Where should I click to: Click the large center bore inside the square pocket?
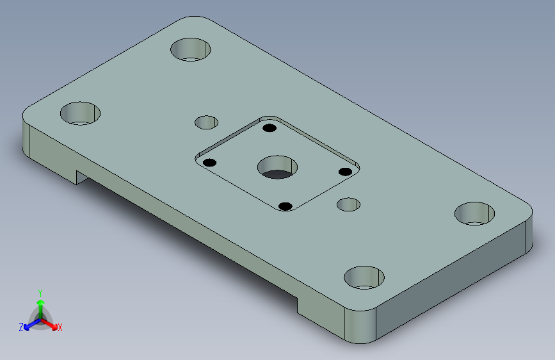click(277, 167)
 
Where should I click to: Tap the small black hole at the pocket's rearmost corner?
click(269, 128)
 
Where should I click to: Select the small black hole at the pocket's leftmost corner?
click(209, 162)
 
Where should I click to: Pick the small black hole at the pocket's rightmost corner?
click(344, 172)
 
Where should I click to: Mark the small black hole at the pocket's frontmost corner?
click(286, 206)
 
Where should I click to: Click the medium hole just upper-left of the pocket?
click(206, 122)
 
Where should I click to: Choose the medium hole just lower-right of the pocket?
click(349, 205)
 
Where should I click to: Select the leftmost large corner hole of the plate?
click(81, 113)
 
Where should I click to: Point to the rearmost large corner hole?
click(191, 49)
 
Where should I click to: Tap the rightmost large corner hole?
click(475, 213)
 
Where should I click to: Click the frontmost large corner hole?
click(364, 278)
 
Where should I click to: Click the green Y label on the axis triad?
click(40, 292)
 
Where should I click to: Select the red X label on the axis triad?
click(60, 328)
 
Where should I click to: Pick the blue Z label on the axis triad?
click(21, 327)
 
